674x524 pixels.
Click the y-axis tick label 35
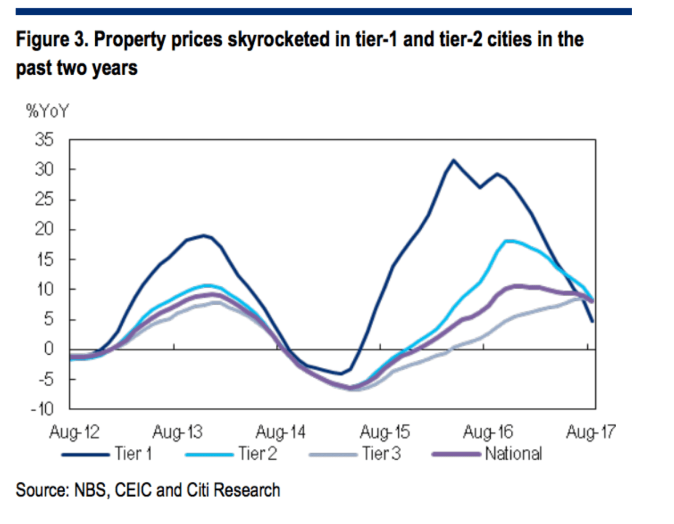44,140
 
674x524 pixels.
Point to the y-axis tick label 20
44,229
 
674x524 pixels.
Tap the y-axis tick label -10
42,409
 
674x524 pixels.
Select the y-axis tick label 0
48,349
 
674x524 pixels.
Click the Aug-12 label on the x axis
74,432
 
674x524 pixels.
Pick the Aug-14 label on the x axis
280,432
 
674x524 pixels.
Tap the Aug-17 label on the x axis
590,432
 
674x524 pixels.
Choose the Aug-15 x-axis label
384,432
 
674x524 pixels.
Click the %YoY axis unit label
47,111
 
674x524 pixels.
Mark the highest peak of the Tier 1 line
453,160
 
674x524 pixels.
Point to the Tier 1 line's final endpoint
592,321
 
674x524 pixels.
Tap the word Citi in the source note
199,490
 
